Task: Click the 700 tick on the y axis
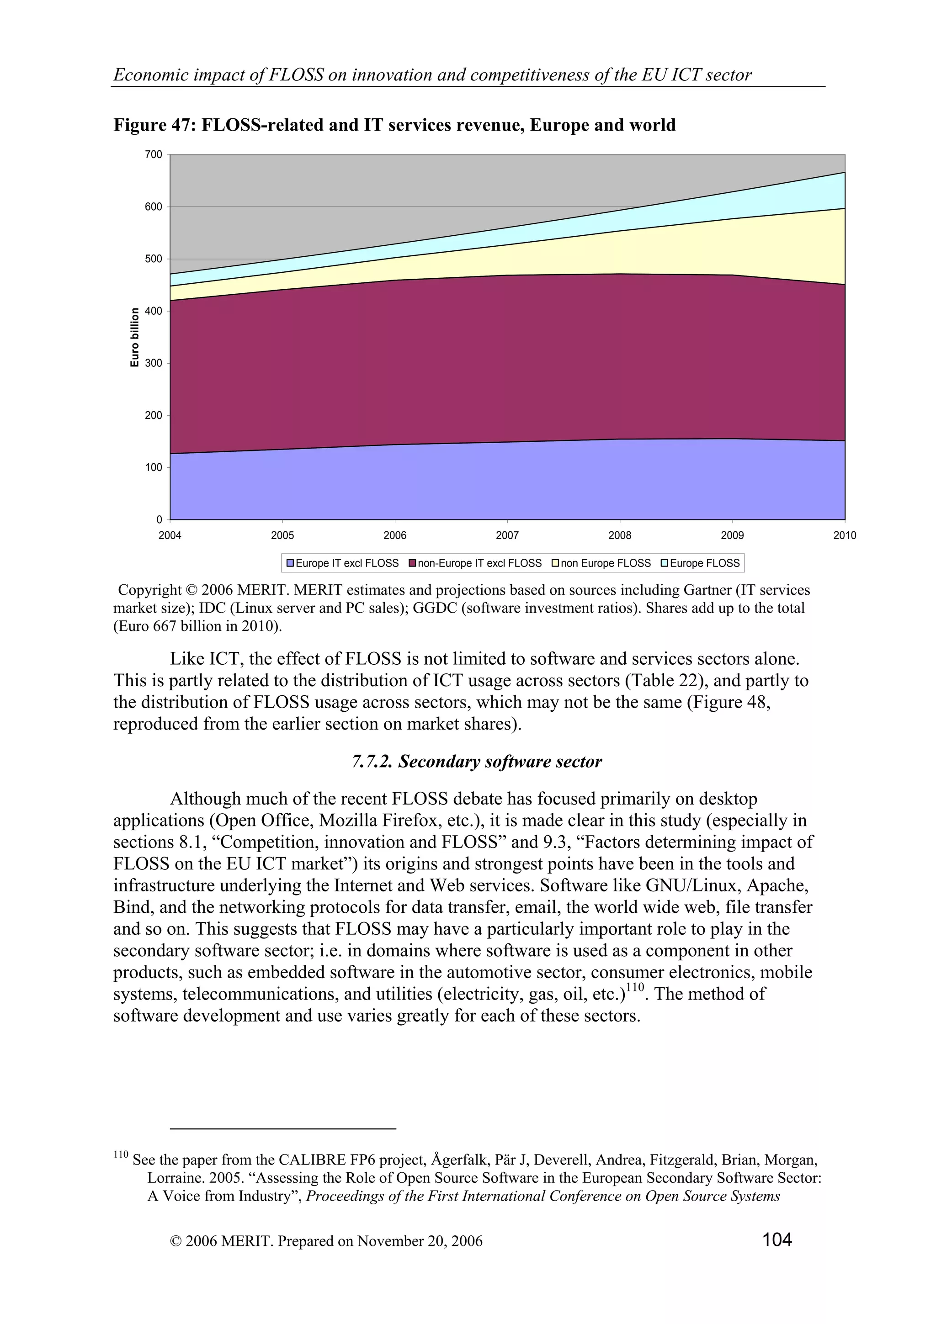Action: point(154,154)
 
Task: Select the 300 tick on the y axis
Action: point(154,363)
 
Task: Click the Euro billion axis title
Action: point(135,337)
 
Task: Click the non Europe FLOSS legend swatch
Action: point(555,563)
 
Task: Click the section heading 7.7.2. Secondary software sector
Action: point(477,761)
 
